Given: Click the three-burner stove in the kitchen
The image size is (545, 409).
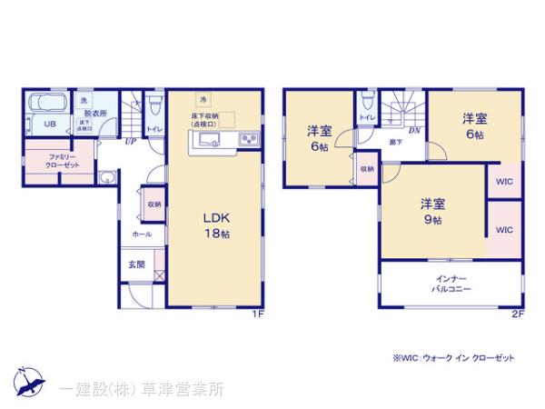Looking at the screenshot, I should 248,139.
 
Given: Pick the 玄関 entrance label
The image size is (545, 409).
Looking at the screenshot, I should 136,264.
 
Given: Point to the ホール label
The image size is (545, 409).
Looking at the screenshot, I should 142,234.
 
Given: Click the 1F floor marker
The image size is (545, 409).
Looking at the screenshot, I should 257,314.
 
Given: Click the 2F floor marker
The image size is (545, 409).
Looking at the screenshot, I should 517,314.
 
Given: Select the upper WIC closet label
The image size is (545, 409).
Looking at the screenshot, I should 504,181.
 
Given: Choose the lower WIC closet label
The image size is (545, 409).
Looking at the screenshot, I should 504,230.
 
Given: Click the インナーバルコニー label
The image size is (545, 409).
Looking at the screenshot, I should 451,282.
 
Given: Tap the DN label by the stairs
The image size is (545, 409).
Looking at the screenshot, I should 413,130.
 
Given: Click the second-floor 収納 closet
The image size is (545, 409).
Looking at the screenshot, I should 366,169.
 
